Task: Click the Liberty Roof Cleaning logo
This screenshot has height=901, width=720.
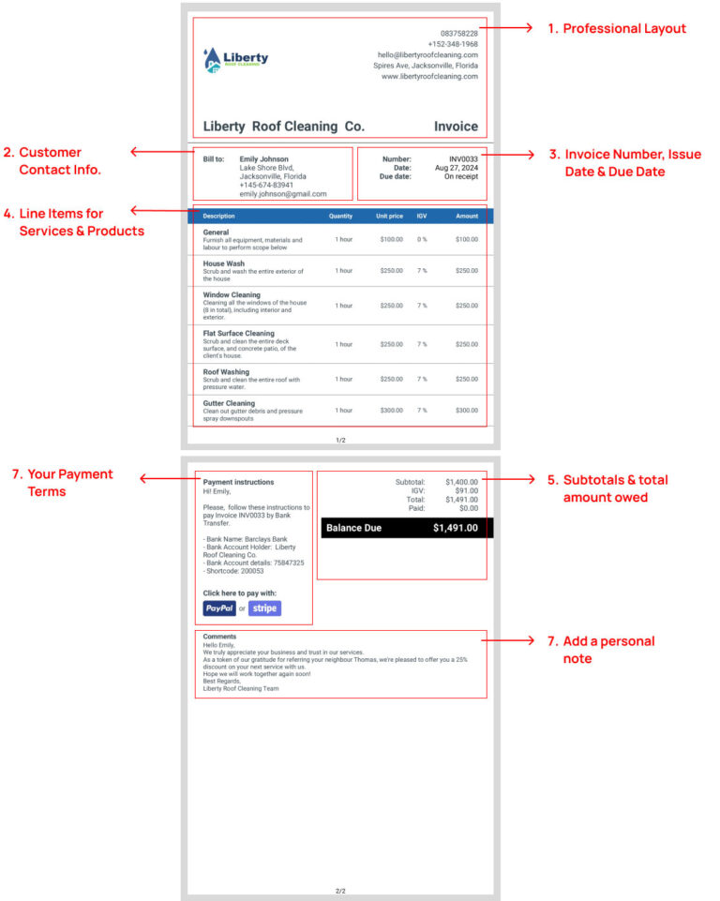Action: (235, 59)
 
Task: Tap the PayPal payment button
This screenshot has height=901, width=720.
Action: (219, 608)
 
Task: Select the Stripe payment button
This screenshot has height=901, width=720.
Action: (264, 608)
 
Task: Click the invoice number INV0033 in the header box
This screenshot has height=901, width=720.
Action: (463, 159)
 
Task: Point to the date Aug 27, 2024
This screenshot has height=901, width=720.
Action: (457, 168)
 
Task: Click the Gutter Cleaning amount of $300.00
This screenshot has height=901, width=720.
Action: (466, 411)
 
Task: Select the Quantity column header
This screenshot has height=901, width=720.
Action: (340, 216)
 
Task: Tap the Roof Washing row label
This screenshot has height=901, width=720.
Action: (226, 372)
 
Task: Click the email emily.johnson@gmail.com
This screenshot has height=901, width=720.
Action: (283, 194)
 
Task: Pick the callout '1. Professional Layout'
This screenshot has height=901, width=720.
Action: (617, 29)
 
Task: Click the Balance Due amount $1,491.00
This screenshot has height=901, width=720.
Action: (455, 528)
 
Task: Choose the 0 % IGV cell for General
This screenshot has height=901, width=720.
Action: (422, 240)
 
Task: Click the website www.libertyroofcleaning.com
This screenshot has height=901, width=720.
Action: (429, 77)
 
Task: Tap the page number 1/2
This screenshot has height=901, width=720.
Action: (340, 440)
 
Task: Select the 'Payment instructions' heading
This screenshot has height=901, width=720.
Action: (238, 482)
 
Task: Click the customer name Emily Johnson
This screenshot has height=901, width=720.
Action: (263, 159)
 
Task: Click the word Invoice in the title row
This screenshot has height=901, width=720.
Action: (456, 127)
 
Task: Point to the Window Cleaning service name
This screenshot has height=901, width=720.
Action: (232, 295)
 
